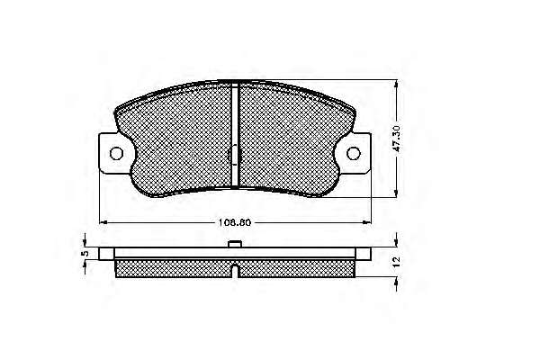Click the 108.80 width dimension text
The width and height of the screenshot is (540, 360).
[235, 222]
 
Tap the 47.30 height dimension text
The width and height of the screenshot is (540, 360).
[397, 139]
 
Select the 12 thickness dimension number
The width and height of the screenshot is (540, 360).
[397, 262]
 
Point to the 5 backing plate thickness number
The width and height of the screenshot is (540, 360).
[85, 253]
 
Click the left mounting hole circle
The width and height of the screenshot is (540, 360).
[116, 153]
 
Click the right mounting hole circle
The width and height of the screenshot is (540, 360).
[354, 153]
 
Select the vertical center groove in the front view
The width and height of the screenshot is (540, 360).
[235, 134]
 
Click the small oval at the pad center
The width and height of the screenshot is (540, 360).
[235, 154]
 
